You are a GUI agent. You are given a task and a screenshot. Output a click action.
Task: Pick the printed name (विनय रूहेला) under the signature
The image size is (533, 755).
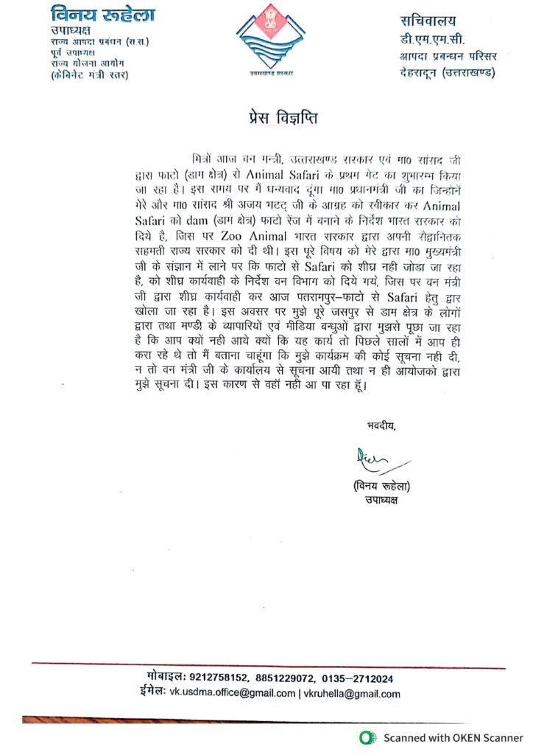point(381,487)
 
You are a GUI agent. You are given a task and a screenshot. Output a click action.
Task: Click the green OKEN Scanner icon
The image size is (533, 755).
point(365,737)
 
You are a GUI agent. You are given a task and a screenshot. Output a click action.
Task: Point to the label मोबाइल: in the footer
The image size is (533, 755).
point(165,678)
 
